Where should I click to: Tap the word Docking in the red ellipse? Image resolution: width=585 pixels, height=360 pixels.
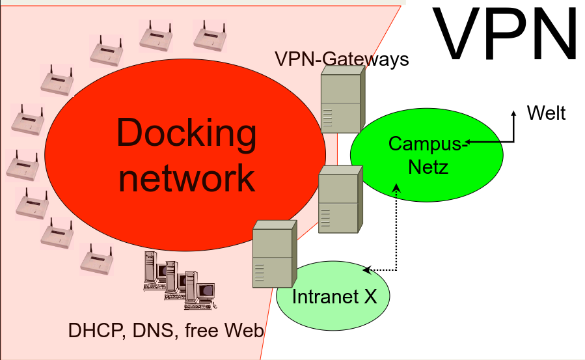[x=187, y=133]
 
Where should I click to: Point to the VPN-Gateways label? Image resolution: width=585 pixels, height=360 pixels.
[x=342, y=59]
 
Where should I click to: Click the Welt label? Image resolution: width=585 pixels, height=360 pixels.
[x=546, y=113]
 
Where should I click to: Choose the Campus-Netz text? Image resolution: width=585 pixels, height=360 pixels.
[x=428, y=155]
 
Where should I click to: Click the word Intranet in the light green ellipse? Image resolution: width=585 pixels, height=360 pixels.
[x=323, y=297]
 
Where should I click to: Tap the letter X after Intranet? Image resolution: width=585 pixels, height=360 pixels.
[x=370, y=297]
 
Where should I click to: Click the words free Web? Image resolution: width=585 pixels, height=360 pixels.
[x=224, y=331]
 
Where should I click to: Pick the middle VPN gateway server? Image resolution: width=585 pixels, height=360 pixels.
[x=339, y=199]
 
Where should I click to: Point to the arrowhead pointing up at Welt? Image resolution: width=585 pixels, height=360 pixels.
[x=513, y=113]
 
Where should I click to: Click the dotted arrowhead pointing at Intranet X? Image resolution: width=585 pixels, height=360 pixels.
[x=366, y=270]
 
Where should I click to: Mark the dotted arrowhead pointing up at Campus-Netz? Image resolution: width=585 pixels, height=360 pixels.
[x=397, y=187]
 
